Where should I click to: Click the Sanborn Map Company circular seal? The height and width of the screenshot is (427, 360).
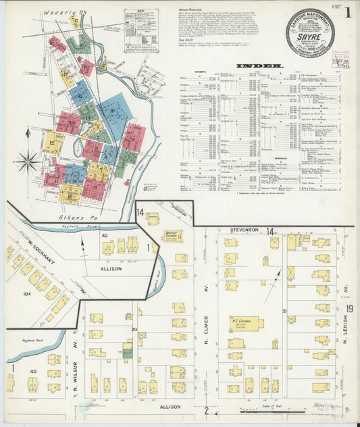click(x=309, y=32)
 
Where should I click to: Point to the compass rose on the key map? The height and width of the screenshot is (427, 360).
click(x=28, y=161)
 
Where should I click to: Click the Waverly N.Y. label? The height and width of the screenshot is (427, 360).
click(x=59, y=12)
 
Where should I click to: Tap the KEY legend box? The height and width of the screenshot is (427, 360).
click(x=141, y=30)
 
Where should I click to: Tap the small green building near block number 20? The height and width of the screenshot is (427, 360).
click(x=126, y=350)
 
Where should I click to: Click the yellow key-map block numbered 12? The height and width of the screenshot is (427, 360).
click(x=52, y=143)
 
